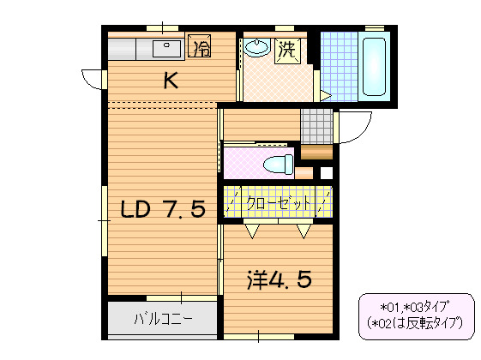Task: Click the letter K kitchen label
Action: tap(171, 81)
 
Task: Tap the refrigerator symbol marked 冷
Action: tap(200, 47)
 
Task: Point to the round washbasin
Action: tap(256, 48)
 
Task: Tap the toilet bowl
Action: tap(275, 164)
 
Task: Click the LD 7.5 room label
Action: tap(162, 209)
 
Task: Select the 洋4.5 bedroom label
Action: tap(278, 279)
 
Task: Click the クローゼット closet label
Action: tap(278, 203)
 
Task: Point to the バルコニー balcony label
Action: tap(163, 320)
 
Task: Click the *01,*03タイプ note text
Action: tap(415, 306)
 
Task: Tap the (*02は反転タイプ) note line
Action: tap(415, 323)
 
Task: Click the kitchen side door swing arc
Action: tap(89, 80)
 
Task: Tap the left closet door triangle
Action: tap(253, 230)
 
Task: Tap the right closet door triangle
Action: tap(304, 230)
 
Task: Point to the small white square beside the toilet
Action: tap(326, 172)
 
